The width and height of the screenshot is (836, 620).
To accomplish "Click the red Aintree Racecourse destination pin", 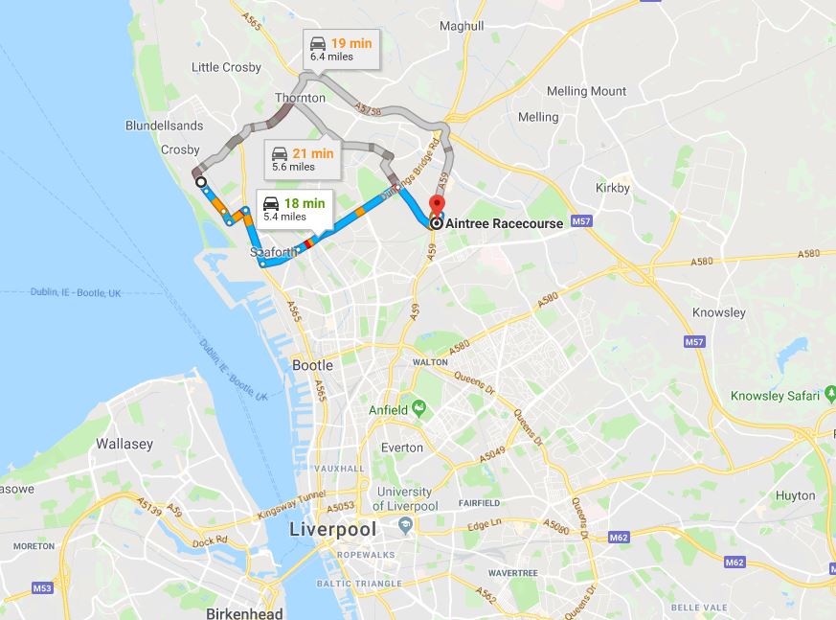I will click(436, 205).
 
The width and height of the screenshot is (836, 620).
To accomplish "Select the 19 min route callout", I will click(340, 49).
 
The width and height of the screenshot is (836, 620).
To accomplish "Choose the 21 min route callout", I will click(302, 159).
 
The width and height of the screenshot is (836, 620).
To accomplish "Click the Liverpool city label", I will click(333, 529).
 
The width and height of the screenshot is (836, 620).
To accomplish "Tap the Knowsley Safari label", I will click(781, 395).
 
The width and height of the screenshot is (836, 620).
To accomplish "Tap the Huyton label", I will click(796, 495).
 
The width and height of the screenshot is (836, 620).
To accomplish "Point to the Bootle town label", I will click(312, 365).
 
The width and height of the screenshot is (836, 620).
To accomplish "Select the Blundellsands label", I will click(164, 126).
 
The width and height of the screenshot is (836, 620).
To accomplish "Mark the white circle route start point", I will click(200, 181).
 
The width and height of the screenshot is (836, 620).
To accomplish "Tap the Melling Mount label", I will click(586, 91).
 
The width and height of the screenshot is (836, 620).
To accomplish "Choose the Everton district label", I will click(401, 448).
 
